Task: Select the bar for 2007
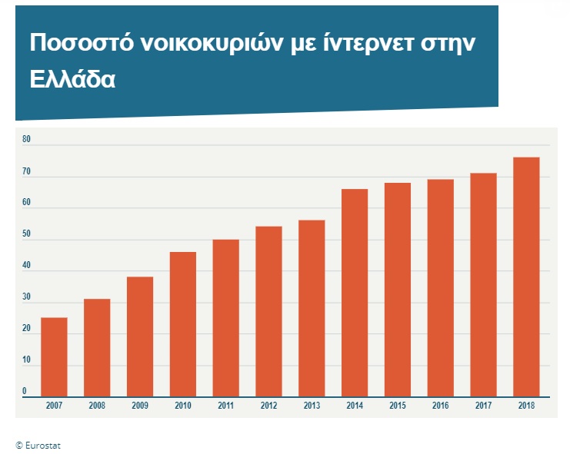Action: pos(54,357)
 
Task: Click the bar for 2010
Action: pos(183,324)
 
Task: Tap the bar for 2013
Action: pos(312,308)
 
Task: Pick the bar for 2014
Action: pos(355,293)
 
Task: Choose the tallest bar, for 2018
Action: pos(526,277)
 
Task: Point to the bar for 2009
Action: pos(140,336)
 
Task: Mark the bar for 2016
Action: pos(441,288)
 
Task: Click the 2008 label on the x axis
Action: pos(97,405)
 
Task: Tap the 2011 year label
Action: pos(226,405)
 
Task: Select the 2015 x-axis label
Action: pos(398,405)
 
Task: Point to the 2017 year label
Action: pos(484,405)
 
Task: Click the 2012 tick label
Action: pos(269,405)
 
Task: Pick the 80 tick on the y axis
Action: pos(26,139)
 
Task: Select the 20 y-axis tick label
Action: pos(26,329)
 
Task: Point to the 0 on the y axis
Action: pos(25,392)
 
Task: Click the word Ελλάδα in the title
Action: pos(72,79)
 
